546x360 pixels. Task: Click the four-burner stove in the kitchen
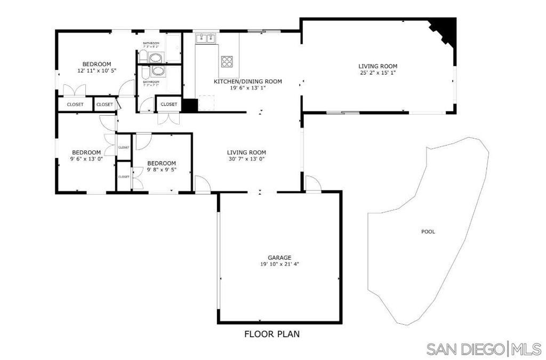[x=227, y=61]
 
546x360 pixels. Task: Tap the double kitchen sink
[x=205, y=38]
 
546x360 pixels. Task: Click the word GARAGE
[x=279, y=258]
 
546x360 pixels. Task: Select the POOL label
[x=428, y=231]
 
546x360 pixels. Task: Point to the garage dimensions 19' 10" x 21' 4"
[x=283, y=264]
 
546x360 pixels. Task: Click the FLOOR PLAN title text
[x=272, y=334]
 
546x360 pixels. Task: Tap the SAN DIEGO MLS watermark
[x=484, y=349]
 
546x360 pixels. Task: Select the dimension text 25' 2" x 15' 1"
[x=378, y=73]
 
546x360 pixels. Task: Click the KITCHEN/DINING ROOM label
[x=247, y=82]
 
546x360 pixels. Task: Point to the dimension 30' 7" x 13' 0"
[x=246, y=158]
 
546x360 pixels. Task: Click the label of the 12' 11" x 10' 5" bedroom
[x=97, y=64]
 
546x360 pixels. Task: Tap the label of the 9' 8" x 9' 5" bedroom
[x=162, y=163]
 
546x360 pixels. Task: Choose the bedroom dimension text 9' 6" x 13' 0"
[x=86, y=158]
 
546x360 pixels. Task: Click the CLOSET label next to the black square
[x=168, y=104]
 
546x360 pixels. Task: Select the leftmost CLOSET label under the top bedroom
[x=75, y=105]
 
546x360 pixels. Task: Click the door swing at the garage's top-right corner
[x=314, y=185]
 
